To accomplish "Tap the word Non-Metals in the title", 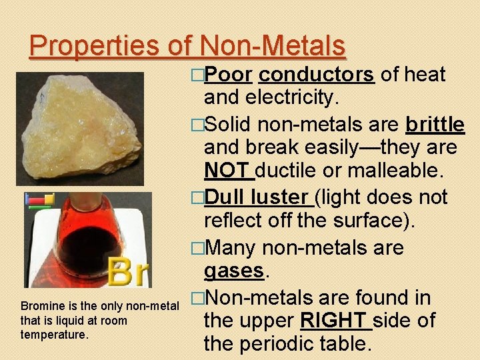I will [272, 45].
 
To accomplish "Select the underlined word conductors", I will [316, 75].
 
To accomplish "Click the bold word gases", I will [233, 271].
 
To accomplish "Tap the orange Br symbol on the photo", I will [130, 271].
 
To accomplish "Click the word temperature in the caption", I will [54, 335].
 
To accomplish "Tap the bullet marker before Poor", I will [197, 75].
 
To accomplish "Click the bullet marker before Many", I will [197, 248].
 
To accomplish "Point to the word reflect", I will [237, 221].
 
